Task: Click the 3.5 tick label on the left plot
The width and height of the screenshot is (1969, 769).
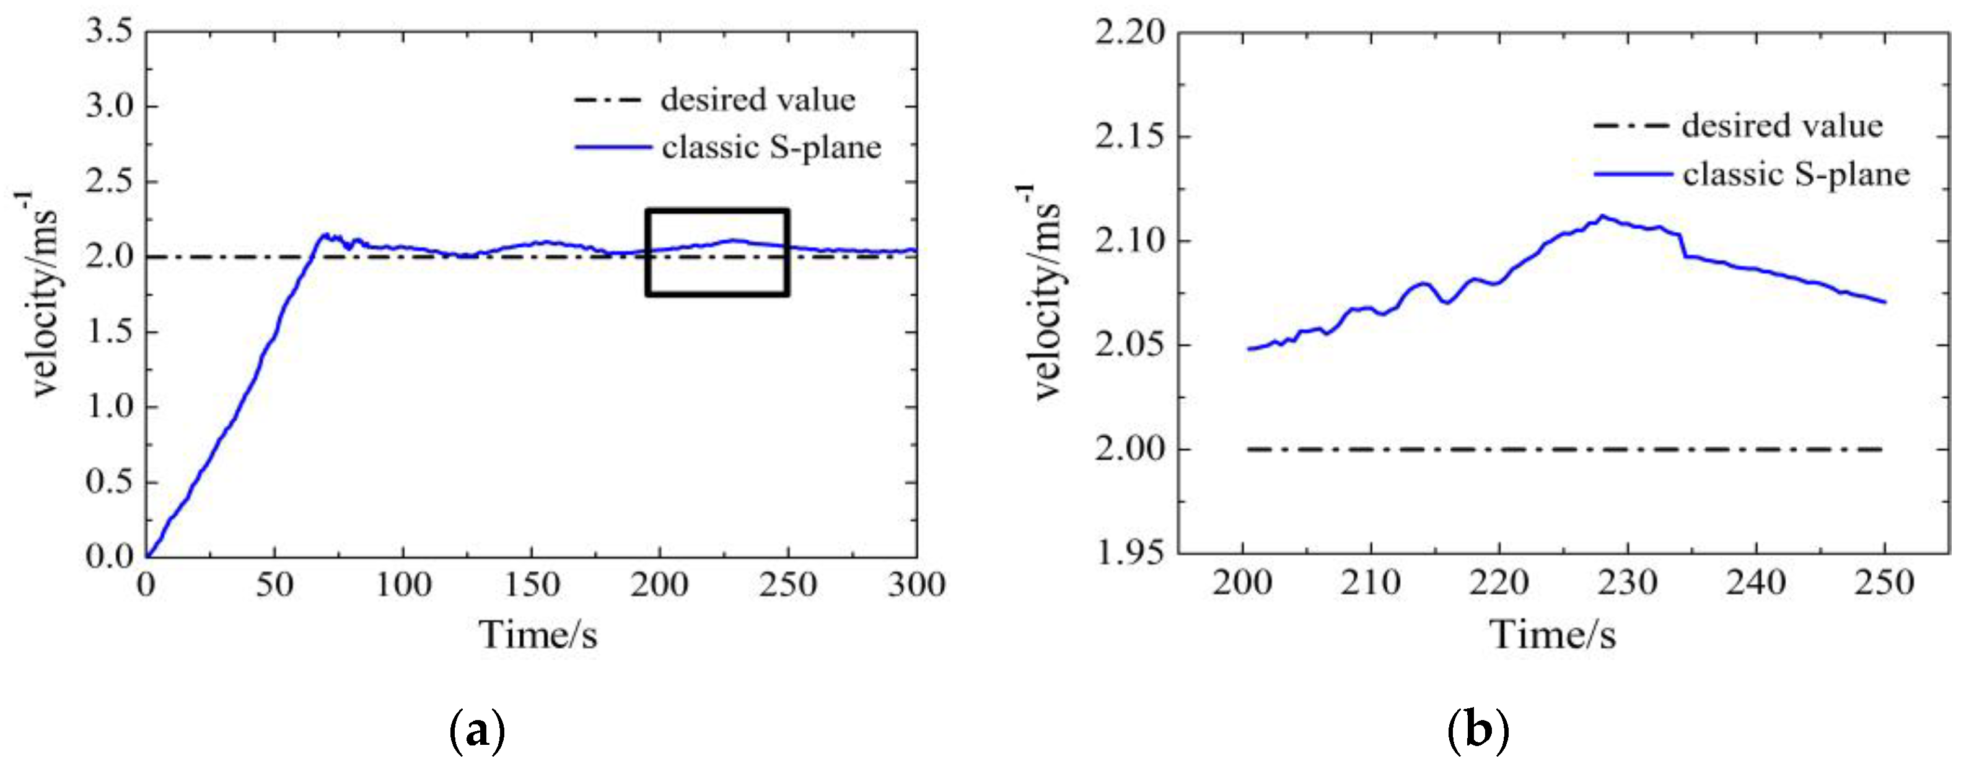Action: tap(108, 32)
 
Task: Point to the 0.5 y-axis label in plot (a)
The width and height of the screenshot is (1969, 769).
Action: tap(108, 482)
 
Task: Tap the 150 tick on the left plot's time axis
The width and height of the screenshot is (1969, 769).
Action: tap(532, 586)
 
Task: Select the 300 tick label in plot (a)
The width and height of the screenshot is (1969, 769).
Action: tap(916, 586)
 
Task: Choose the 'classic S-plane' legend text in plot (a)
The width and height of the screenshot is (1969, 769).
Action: tap(771, 147)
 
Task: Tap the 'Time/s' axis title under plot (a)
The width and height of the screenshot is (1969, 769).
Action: tap(538, 635)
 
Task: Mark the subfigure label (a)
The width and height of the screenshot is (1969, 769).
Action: tap(478, 731)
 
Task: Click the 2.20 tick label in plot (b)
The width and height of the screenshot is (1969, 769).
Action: tap(1129, 32)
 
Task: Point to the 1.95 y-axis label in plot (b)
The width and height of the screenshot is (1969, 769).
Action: tap(1129, 552)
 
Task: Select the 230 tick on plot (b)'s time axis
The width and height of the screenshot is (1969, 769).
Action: tap(1628, 584)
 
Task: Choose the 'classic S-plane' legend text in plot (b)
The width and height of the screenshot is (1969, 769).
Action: tap(1796, 175)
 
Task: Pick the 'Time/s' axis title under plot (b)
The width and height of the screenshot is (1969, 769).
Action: tap(1553, 635)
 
